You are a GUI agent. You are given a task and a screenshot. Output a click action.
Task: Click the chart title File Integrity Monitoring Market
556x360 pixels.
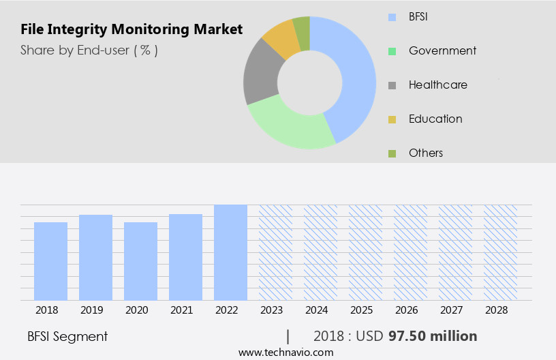(132, 29)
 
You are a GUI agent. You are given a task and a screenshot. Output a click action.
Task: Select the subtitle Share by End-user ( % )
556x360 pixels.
(89, 50)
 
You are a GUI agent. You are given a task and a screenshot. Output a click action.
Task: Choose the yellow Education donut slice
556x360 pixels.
(281, 39)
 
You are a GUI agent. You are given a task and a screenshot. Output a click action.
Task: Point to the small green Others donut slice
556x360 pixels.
(302, 25)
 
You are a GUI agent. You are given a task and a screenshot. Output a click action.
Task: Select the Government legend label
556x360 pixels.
(442, 50)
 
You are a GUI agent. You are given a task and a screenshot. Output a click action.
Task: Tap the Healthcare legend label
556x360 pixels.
(437, 85)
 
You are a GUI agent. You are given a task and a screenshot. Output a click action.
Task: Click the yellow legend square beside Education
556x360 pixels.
(392, 119)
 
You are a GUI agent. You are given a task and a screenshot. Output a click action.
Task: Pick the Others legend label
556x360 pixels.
(426, 153)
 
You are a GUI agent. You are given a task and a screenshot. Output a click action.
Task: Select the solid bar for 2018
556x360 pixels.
(51, 261)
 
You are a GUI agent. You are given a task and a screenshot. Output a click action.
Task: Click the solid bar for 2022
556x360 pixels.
(230, 252)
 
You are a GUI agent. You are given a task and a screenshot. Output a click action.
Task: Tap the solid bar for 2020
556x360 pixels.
(141, 261)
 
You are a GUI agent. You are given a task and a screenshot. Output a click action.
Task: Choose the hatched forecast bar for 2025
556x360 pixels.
(365, 252)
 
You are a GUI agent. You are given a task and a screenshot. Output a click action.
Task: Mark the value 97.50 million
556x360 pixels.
(433, 336)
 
